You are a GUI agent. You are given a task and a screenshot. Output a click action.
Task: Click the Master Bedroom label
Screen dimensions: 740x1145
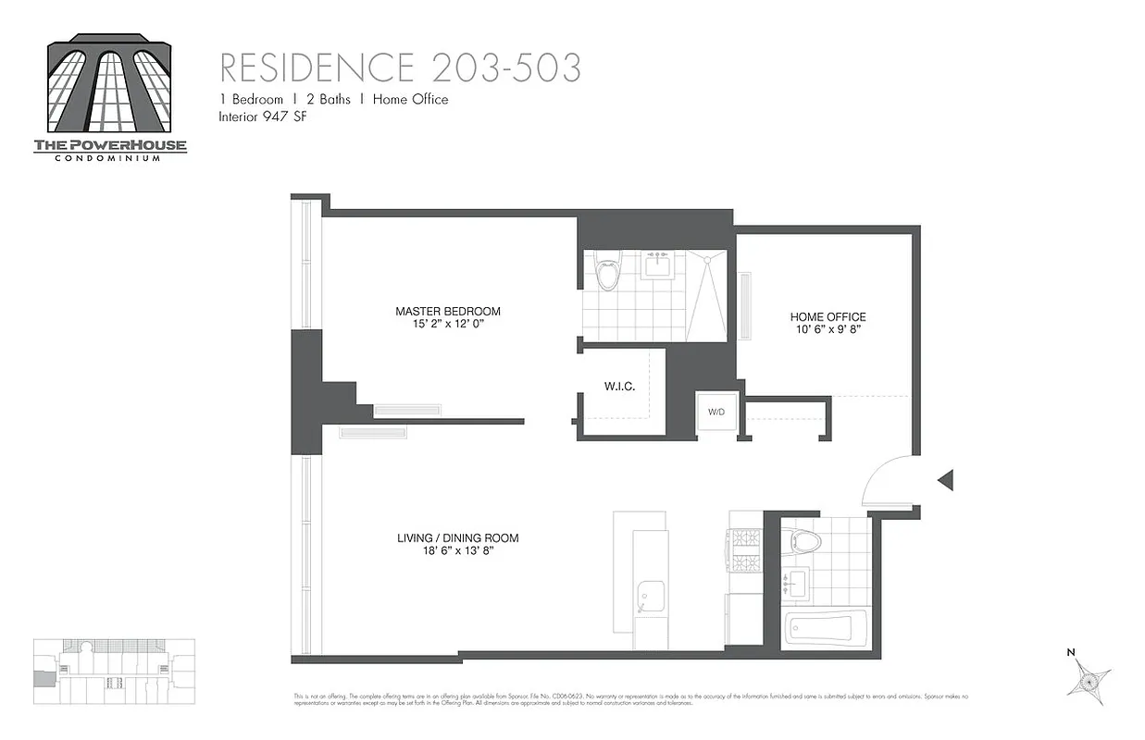(x=447, y=312)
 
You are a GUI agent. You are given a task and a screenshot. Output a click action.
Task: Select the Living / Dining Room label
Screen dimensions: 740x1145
(x=457, y=538)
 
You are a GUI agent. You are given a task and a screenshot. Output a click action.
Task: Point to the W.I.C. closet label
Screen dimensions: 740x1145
(x=619, y=387)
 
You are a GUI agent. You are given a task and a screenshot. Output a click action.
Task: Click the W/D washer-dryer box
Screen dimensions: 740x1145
(x=716, y=413)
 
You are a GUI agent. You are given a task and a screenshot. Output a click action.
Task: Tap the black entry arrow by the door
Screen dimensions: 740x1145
(x=945, y=480)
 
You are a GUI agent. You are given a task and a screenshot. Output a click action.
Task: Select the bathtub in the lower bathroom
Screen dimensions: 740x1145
(x=825, y=628)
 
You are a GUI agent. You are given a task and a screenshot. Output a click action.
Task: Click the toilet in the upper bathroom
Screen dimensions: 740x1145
(x=607, y=270)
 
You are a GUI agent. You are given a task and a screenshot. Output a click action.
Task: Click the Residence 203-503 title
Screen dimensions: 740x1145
(x=400, y=68)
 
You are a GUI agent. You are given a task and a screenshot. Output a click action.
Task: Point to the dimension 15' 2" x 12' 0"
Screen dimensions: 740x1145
(x=447, y=326)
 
